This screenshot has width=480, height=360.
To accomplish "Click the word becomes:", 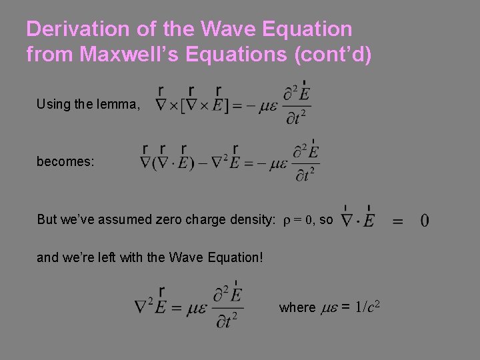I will tap(65, 161).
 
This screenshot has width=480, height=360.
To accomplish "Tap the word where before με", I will tap(298, 307).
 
